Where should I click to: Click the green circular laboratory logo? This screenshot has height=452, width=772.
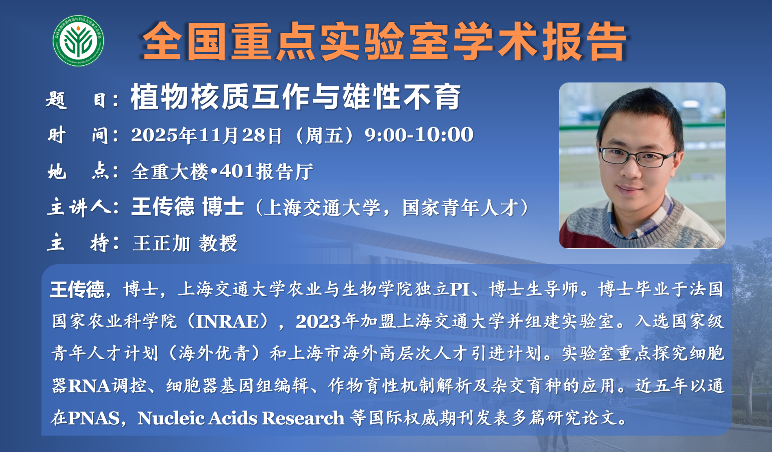coord(78,41)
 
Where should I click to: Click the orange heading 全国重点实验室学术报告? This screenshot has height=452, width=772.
coord(384,41)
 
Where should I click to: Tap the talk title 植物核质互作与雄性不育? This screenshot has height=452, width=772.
coord(296,97)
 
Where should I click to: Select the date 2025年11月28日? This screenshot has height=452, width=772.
coord(207,135)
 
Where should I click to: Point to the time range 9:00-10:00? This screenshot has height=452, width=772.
coord(419,135)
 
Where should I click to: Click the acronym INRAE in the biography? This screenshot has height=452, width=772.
coord(228,322)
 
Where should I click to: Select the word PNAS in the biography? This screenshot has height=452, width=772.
coord(94,418)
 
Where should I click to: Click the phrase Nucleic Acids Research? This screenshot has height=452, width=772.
coord(241,418)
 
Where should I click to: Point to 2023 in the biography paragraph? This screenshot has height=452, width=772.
coord(318,322)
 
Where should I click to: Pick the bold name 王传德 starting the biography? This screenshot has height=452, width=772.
coord(77,290)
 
